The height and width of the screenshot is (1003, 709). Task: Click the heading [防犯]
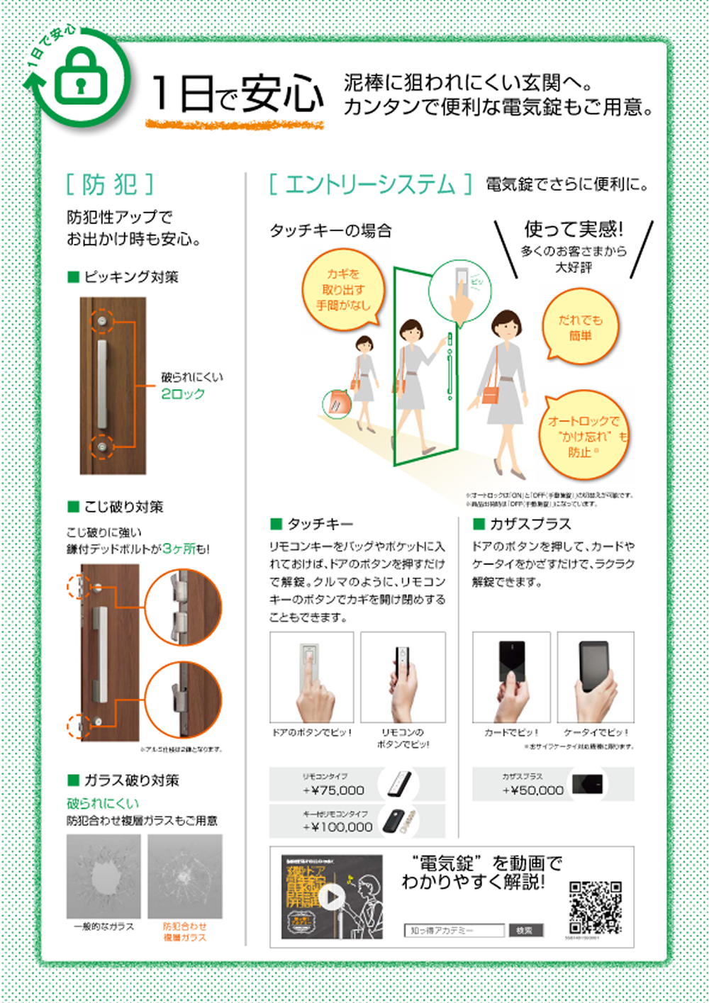(x=110, y=184)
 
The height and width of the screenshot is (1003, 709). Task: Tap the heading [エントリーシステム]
(x=369, y=184)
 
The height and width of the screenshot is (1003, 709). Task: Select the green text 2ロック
(x=183, y=393)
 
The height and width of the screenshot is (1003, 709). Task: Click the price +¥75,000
(x=333, y=790)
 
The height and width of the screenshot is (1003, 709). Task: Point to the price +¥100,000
(x=337, y=827)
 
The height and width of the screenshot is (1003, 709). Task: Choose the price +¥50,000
(x=533, y=790)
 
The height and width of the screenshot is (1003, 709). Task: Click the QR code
(x=596, y=907)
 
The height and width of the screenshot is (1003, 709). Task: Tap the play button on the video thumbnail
(x=331, y=897)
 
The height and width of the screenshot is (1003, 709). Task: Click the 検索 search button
(x=525, y=930)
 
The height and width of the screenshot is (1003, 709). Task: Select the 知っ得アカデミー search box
(x=454, y=930)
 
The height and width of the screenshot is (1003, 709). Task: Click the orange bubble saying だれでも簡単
(x=581, y=328)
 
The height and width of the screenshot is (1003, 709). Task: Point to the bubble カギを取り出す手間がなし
(x=344, y=290)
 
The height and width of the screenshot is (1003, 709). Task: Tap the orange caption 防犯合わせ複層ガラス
(x=185, y=931)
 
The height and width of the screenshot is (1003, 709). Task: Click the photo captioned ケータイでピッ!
(x=596, y=677)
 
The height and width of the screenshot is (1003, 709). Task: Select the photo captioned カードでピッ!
(x=511, y=677)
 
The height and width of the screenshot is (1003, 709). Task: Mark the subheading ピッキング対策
(x=131, y=276)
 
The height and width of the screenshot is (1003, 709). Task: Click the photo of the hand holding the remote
(x=403, y=677)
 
